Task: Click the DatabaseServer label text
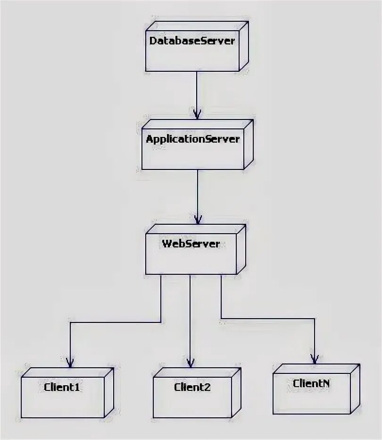click(x=192, y=41)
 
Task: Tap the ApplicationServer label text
click(x=193, y=139)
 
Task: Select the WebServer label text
click(x=191, y=244)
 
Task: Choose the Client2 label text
click(x=192, y=388)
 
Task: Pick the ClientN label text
click(x=311, y=383)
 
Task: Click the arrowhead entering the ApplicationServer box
click(x=197, y=114)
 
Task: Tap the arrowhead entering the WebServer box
click(x=198, y=219)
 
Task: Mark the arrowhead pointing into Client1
click(x=70, y=362)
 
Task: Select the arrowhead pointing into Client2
click(x=190, y=362)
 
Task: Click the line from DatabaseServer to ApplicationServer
click(x=197, y=92)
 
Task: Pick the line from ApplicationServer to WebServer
click(x=198, y=194)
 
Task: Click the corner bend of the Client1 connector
click(x=70, y=322)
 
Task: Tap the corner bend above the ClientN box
click(x=314, y=319)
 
